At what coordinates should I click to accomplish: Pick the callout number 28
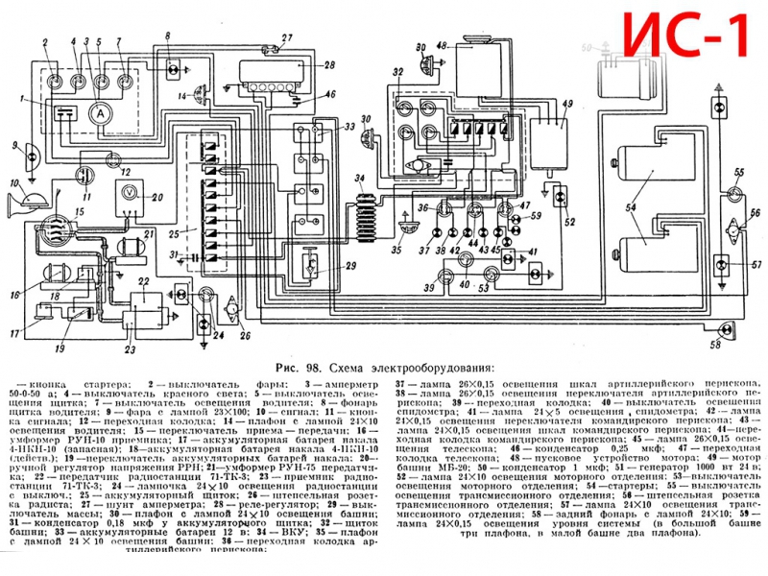click(x=328, y=65)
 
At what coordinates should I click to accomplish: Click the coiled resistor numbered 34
click(x=366, y=207)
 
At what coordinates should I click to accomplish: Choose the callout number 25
click(x=174, y=233)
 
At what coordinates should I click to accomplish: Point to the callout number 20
click(x=158, y=199)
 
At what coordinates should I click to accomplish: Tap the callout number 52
click(x=572, y=222)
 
